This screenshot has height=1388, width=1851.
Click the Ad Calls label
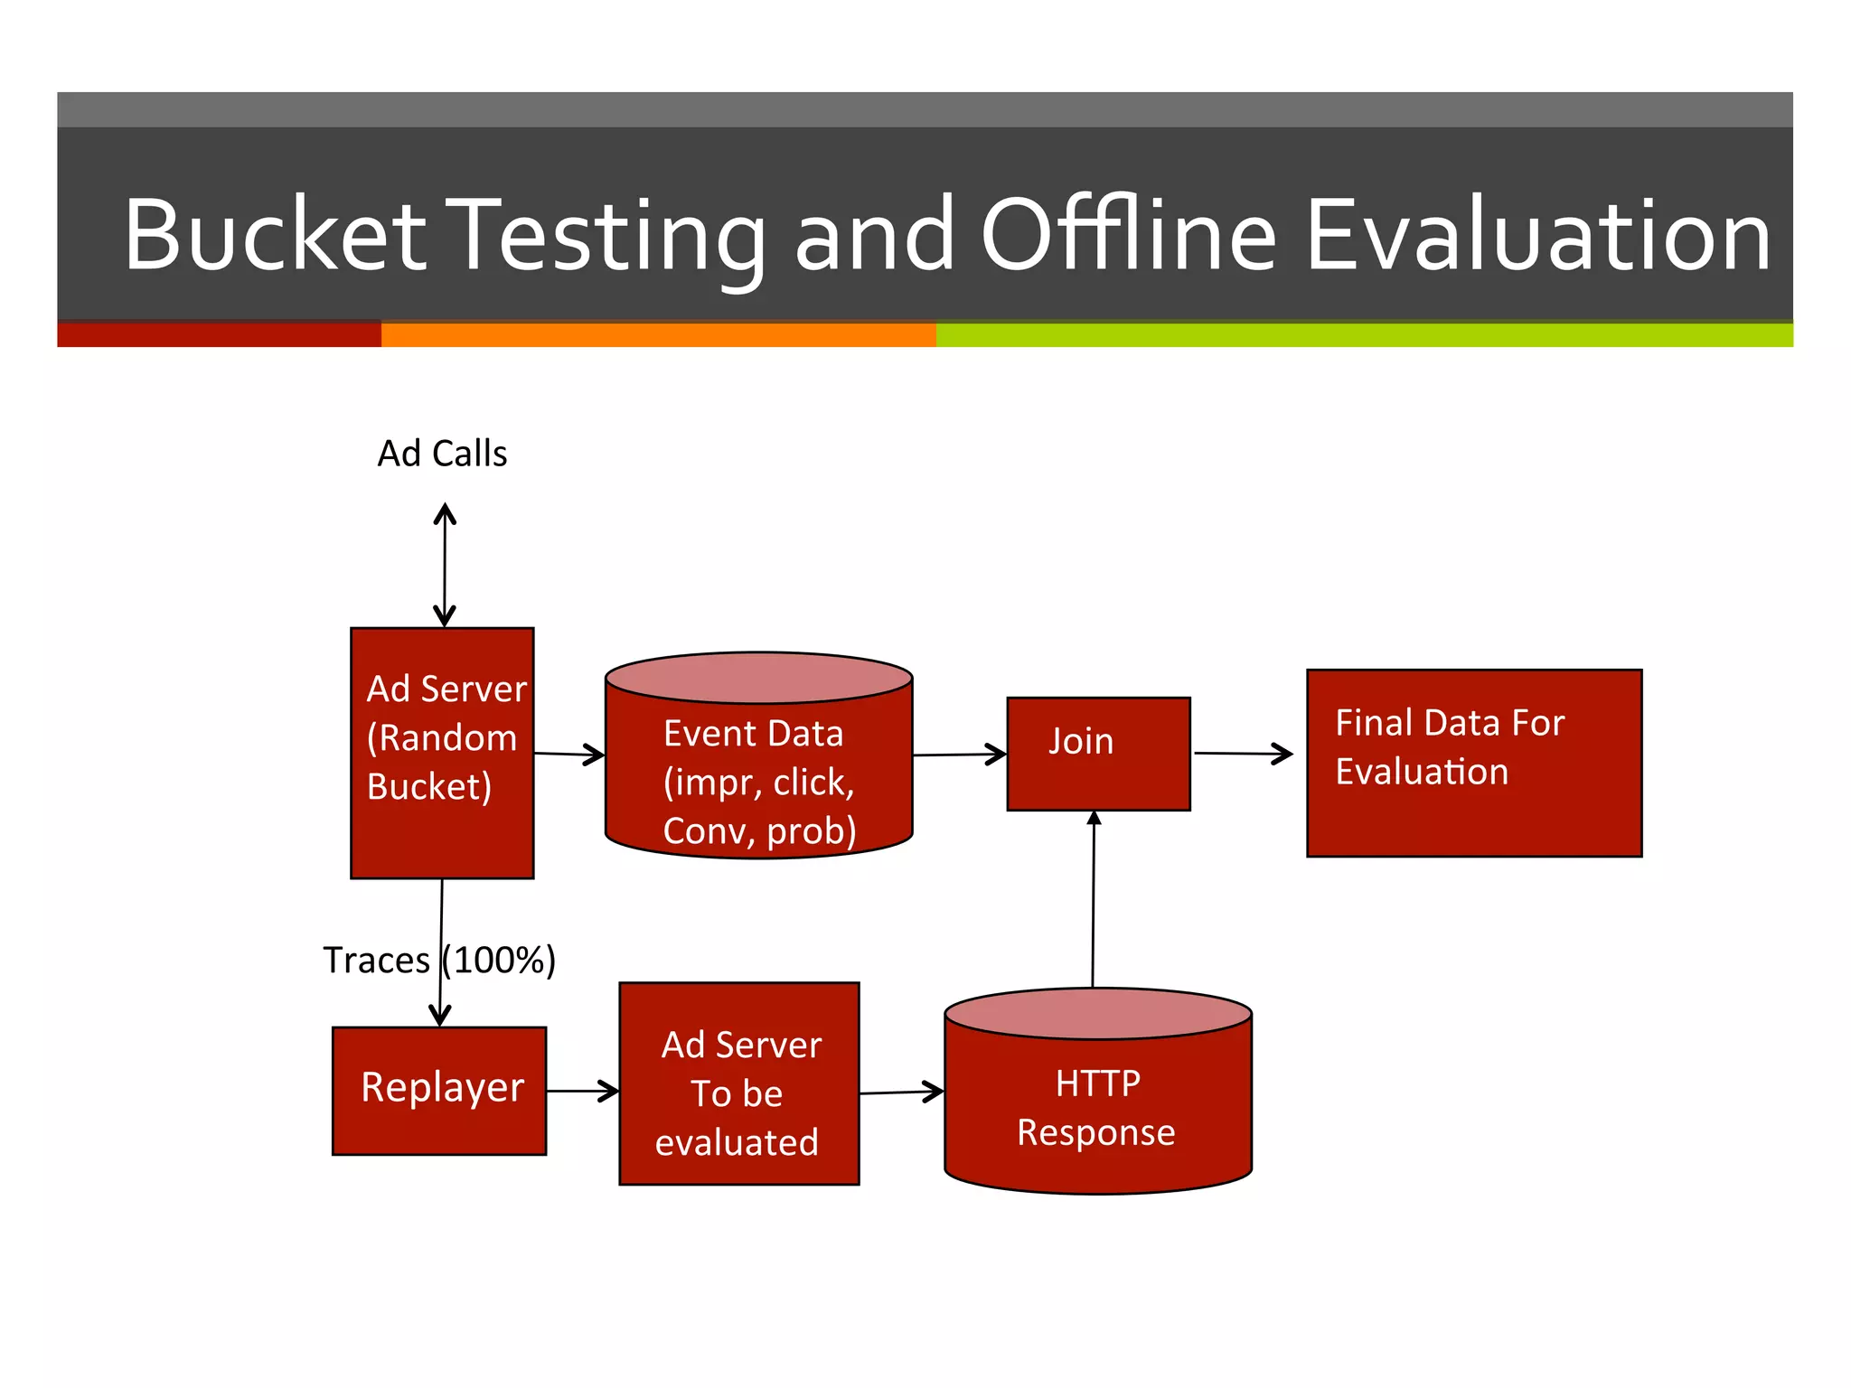[442, 454]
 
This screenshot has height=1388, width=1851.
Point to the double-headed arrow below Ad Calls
[444, 565]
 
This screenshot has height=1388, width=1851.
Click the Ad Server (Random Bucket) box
[442, 753]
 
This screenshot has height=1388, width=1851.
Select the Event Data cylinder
[758, 768]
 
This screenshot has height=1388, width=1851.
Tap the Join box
[1098, 753]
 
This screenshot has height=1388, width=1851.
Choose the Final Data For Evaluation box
[1473, 763]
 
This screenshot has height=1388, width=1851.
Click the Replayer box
[439, 1090]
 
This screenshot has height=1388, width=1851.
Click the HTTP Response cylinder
[1097, 1107]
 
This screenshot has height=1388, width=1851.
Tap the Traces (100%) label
[439, 960]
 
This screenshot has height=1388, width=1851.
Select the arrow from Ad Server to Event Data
[569, 754]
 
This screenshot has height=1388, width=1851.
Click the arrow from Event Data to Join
[959, 755]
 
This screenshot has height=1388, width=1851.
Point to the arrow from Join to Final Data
[1243, 753]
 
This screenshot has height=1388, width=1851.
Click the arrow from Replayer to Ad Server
[582, 1091]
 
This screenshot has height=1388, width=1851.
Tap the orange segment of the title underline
[658, 335]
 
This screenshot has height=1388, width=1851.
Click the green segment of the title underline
[1363, 335]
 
